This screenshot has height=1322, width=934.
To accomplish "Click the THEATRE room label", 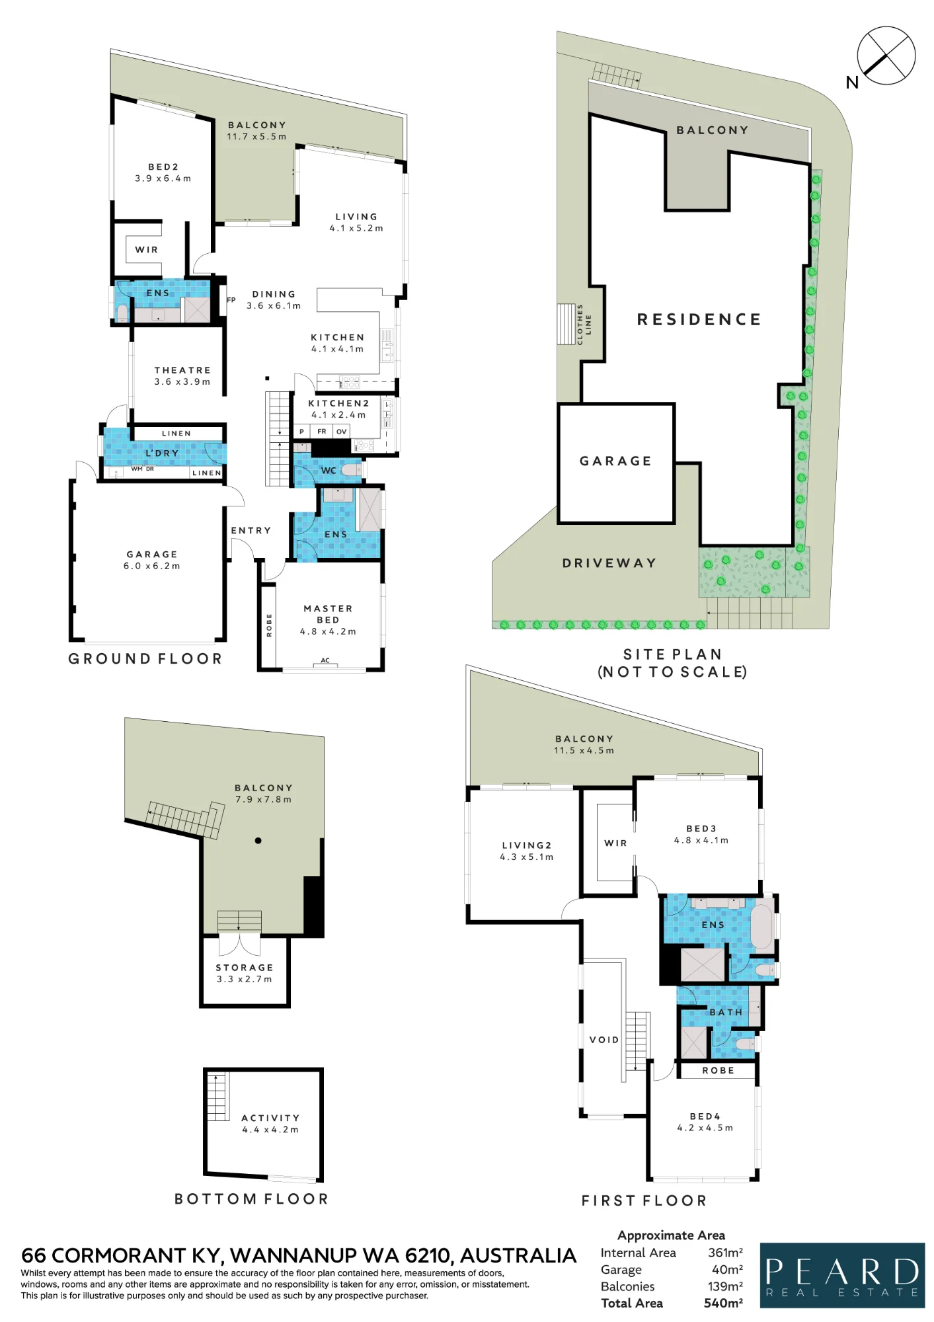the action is click(182, 370).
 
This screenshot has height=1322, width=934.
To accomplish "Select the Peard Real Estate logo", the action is click(842, 1275).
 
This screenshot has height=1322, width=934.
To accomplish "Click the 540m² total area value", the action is click(723, 1303).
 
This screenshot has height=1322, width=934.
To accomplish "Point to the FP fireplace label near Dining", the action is click(231, 300).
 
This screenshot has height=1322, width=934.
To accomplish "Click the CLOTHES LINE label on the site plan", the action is click(584, 325).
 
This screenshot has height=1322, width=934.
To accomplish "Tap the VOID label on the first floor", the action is click(604, 1040).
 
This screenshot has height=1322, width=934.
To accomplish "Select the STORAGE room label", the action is click(245, 968).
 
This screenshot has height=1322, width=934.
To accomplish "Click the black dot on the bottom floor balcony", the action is click(258, 841).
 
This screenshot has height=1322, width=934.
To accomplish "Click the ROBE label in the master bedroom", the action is click(269, 625).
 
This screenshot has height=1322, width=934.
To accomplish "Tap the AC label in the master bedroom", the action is click(325, 660).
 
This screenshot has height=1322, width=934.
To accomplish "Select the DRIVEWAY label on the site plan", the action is click(609, 563).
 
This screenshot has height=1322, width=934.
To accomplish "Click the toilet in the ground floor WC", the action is click(351, 470).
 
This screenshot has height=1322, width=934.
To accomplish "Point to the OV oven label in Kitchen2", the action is click(341, 432).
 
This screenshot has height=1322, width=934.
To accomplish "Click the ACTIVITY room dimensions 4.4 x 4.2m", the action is click(270, 1130).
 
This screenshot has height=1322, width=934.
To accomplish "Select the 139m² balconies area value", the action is click(725, 1286).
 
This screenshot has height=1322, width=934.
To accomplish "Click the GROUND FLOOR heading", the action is click(145, 659).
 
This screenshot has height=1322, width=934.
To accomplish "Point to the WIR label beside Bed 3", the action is click(615, 843).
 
